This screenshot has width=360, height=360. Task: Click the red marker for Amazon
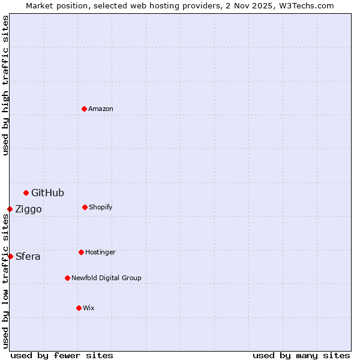click(84, 109)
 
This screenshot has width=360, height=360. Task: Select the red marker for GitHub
click(26, 193)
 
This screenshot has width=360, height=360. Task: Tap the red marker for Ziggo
click(10, 209)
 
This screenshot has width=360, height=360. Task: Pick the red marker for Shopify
click(85, 207)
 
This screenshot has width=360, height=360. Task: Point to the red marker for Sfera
click(10, 256)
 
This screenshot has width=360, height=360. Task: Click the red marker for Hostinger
click(81, 252)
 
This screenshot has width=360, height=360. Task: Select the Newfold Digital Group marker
click(67, 278)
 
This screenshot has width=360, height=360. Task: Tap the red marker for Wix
click(79, 308)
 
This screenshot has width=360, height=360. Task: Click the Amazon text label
click(101, 109)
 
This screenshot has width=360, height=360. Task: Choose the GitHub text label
click(47, 193)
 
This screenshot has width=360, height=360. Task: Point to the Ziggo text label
click(28, 209)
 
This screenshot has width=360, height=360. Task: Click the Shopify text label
click(101, 207)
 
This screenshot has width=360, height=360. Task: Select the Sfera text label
click(28, 256)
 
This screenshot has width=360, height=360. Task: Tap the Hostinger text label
click(100, 252)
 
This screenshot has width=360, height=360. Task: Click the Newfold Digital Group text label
click(106, 278)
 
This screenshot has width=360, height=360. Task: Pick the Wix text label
click(89, 308)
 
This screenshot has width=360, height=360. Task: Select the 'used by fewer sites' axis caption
click(62, 355)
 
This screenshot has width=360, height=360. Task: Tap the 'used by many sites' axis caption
click(301, 355)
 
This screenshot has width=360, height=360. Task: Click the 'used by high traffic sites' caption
click(5, 85)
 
